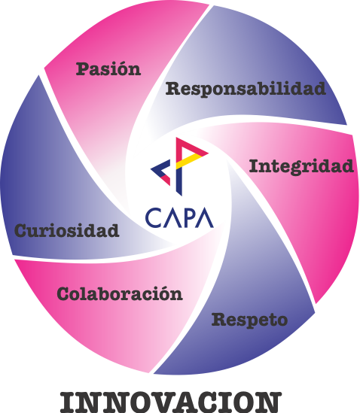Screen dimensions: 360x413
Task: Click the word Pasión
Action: point(108,69)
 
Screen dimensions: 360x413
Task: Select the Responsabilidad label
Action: point(246,90)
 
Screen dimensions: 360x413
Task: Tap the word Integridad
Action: point(301,167)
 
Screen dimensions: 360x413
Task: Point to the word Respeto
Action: point(249,320)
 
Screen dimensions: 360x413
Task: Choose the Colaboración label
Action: point(120,293)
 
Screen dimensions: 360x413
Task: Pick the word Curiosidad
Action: point(67,231)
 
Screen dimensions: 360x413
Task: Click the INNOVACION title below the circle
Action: point(171,402)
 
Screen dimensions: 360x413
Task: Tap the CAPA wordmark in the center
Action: point(179,218)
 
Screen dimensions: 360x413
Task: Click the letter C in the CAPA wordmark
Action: point(153,218)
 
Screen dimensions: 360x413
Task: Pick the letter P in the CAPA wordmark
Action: point(190,218)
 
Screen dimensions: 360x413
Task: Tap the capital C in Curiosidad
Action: point(22,230)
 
